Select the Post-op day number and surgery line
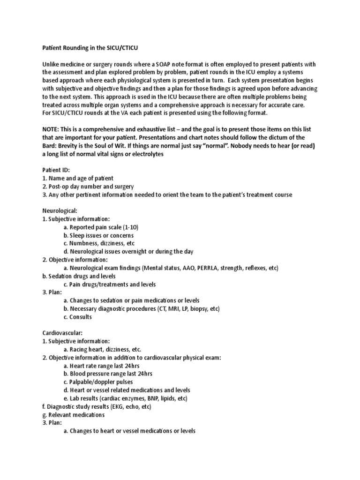pos(89,187)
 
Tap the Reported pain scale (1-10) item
pos(101,227)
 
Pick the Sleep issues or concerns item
pos(98,235)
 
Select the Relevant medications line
pos(73,414)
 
